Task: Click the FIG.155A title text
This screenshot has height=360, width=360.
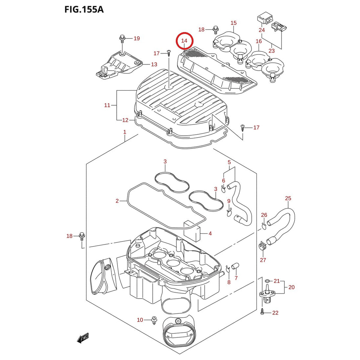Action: point(84,10)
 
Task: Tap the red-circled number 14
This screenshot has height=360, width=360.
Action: point(184,41)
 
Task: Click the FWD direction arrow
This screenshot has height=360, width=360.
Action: point(83,338)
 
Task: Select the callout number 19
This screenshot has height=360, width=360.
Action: point(137,38)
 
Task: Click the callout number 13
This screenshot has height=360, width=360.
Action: point(154,64)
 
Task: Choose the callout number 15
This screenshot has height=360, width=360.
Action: point(234,23)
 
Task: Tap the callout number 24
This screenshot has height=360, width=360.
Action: point(262,30)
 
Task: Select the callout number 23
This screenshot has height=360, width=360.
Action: point(272,51)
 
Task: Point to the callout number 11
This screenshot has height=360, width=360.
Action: point(107,105)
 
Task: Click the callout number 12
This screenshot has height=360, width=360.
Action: point(125,120)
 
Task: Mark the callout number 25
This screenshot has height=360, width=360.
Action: point(288,198)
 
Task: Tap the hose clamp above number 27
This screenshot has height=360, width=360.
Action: point(262,247)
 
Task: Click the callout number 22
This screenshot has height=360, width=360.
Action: point(275,313)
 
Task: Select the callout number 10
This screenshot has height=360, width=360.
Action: point(140,320)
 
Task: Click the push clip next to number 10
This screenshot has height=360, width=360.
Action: point(154,320)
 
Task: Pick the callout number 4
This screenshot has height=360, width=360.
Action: point(210,234)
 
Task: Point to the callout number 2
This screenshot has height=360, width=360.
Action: point(117,201)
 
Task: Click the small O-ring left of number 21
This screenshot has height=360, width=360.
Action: point(267,281)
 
